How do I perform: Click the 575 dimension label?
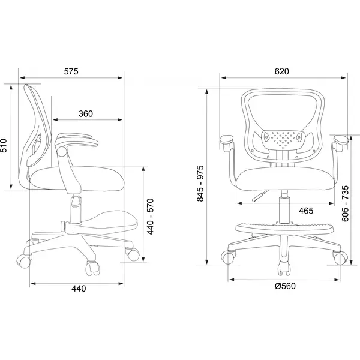point(71,71)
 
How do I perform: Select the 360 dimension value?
point(86,113)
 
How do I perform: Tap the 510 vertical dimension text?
point(4,145)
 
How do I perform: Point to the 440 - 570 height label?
point(150,217)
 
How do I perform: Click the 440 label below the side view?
point(79,289)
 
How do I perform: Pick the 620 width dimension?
point(282,71)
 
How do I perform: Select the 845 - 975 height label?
point(200,184)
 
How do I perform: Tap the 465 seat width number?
point(306,211)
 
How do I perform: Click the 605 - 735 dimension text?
point(346,203)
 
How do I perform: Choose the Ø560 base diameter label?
point(286,286)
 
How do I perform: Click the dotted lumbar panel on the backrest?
point(283,139)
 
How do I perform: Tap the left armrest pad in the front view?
point(227,140)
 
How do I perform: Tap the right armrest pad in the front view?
point(341,140)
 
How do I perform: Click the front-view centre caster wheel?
point(284,269)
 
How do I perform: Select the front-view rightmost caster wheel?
point(340,258)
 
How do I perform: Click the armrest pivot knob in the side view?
point(61,152)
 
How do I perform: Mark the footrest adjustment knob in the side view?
point(62,226)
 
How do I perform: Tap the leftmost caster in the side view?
point(23,261)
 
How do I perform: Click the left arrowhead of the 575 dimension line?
point(23,78)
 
